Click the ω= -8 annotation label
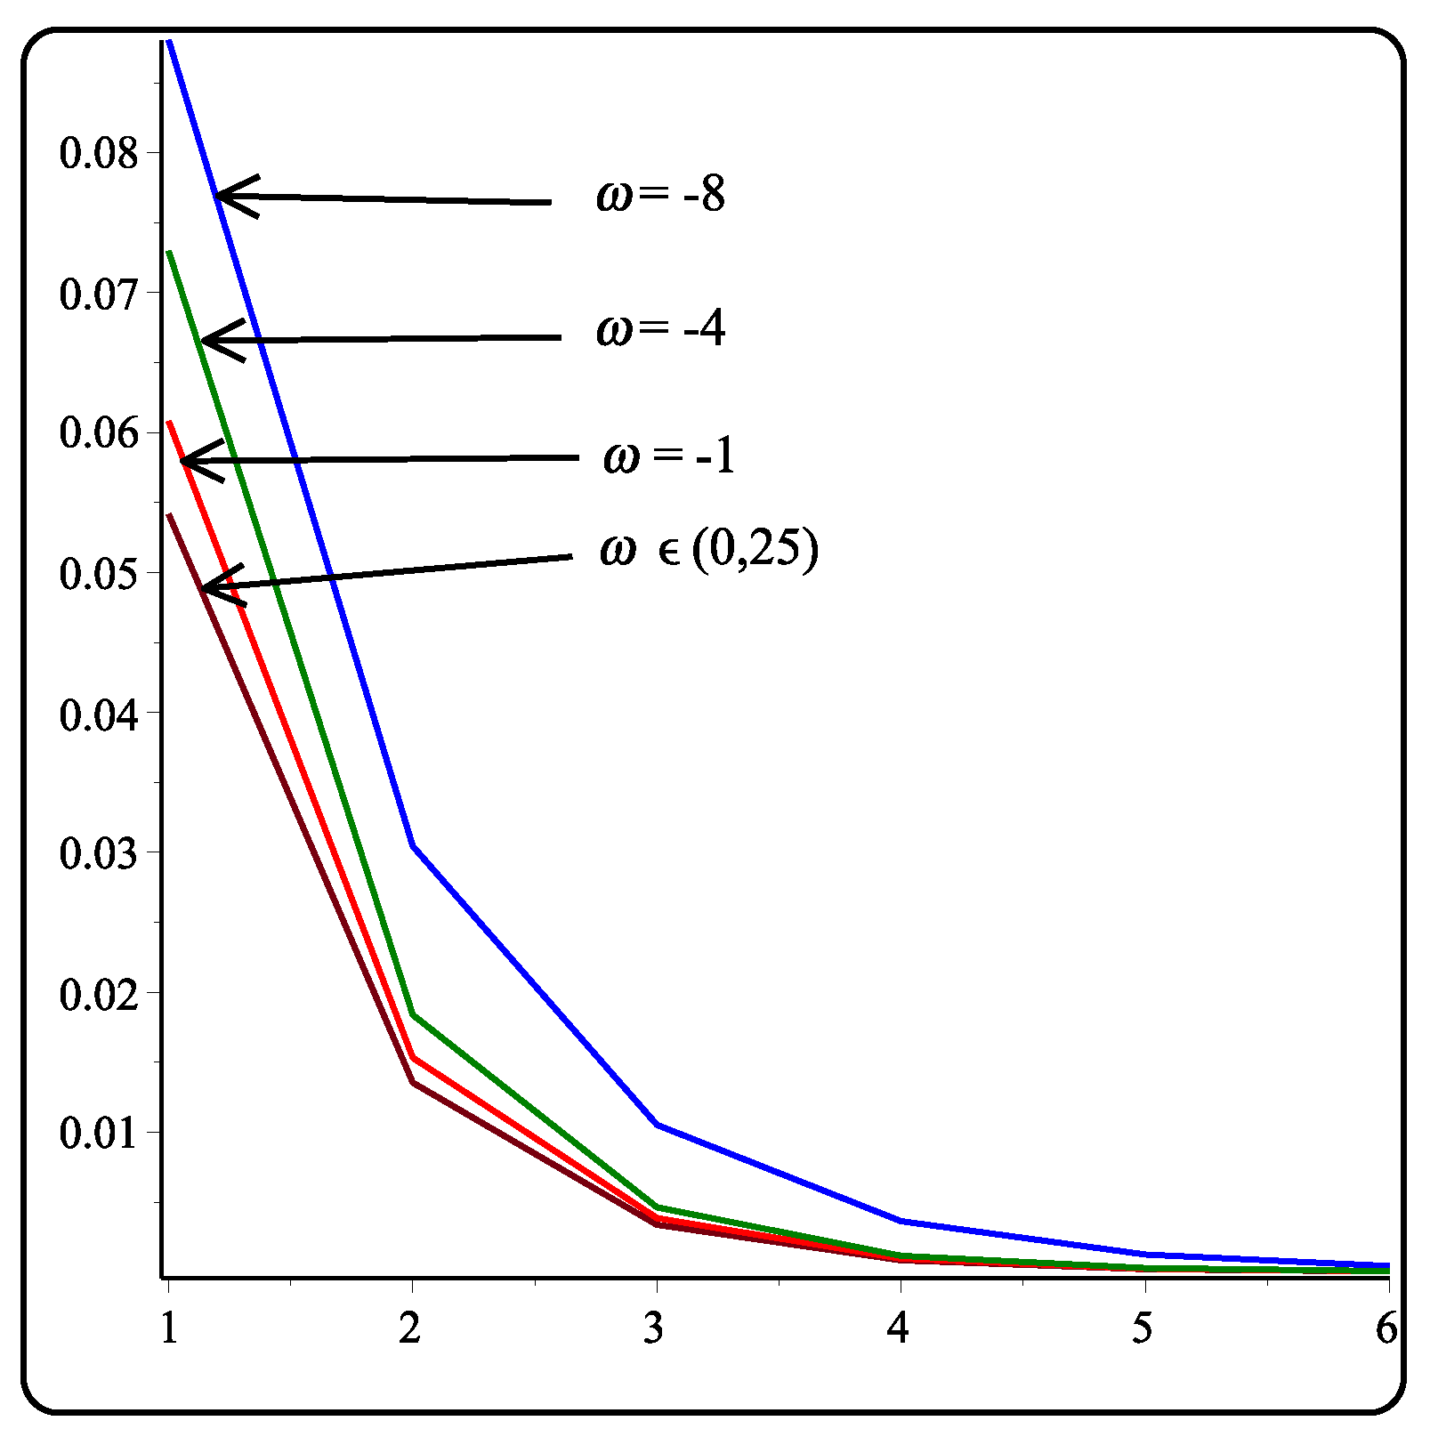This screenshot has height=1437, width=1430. [661, 194]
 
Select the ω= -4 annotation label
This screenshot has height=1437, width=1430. [661, 329]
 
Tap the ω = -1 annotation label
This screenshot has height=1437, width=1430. [669, 456]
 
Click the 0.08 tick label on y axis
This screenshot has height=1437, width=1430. [100, 153]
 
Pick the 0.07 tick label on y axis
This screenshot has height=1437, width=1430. [100, 294]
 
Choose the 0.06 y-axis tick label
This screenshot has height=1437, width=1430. [100, 433]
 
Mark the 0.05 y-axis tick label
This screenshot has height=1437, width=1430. [100, 574]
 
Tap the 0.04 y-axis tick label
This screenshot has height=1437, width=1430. [100, 714]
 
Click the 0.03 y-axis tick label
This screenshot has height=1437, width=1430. [100, 853]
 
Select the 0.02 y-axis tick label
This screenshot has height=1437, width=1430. [100, 994]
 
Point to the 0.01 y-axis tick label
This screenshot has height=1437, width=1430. [100, 1134]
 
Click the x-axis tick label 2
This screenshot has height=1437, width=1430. [410, 1329]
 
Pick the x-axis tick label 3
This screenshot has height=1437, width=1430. [655, 1329]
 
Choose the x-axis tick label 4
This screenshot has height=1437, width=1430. [900, 1329]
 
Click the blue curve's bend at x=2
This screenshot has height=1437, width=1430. [413, 845]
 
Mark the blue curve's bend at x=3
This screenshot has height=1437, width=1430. [657, 1125]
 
